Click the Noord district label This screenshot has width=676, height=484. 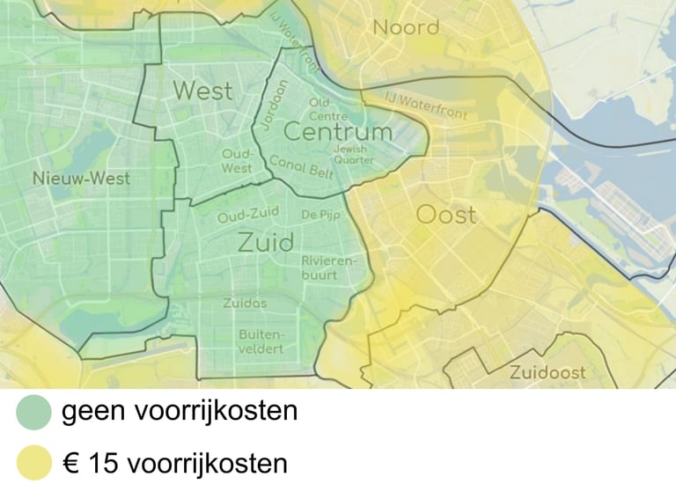[x=406, y=27]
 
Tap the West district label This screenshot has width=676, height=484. [x=202, y=90]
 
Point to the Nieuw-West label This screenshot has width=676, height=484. [x=81, y=179]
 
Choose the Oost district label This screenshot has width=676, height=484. [x=445, y=215]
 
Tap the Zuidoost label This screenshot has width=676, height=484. [x=547, y=372]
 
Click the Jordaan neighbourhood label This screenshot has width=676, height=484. [x=276, y=104]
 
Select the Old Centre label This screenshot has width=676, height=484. [x=328, y=110]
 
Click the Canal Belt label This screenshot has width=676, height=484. [x=301, y=167]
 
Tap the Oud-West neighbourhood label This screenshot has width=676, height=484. [x=237, y=161]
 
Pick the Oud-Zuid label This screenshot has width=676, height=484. [x=248, y=215]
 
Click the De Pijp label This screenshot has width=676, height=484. [x=320, y=214]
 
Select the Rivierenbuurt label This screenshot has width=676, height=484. [x=331, y=268]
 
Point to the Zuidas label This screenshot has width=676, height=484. [x=245, y=303]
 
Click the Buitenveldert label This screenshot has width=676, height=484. [x=261, y=341]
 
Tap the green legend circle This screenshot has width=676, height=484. [x=34, y=411]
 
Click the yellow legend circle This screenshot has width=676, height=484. [x=34, y=463]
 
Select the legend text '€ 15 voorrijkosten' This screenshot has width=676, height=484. [x=174, y=463]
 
